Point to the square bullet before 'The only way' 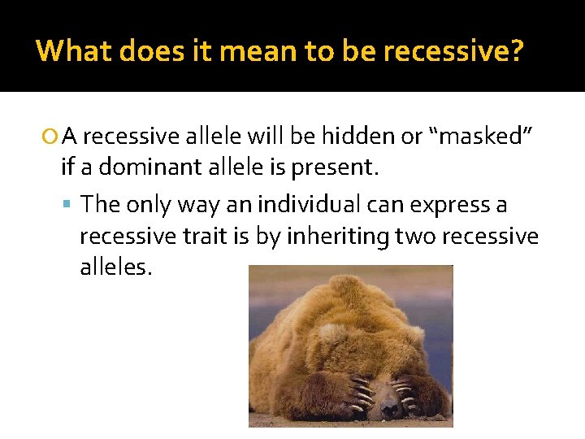coord(71,205)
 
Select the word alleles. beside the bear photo coord(115,267)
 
